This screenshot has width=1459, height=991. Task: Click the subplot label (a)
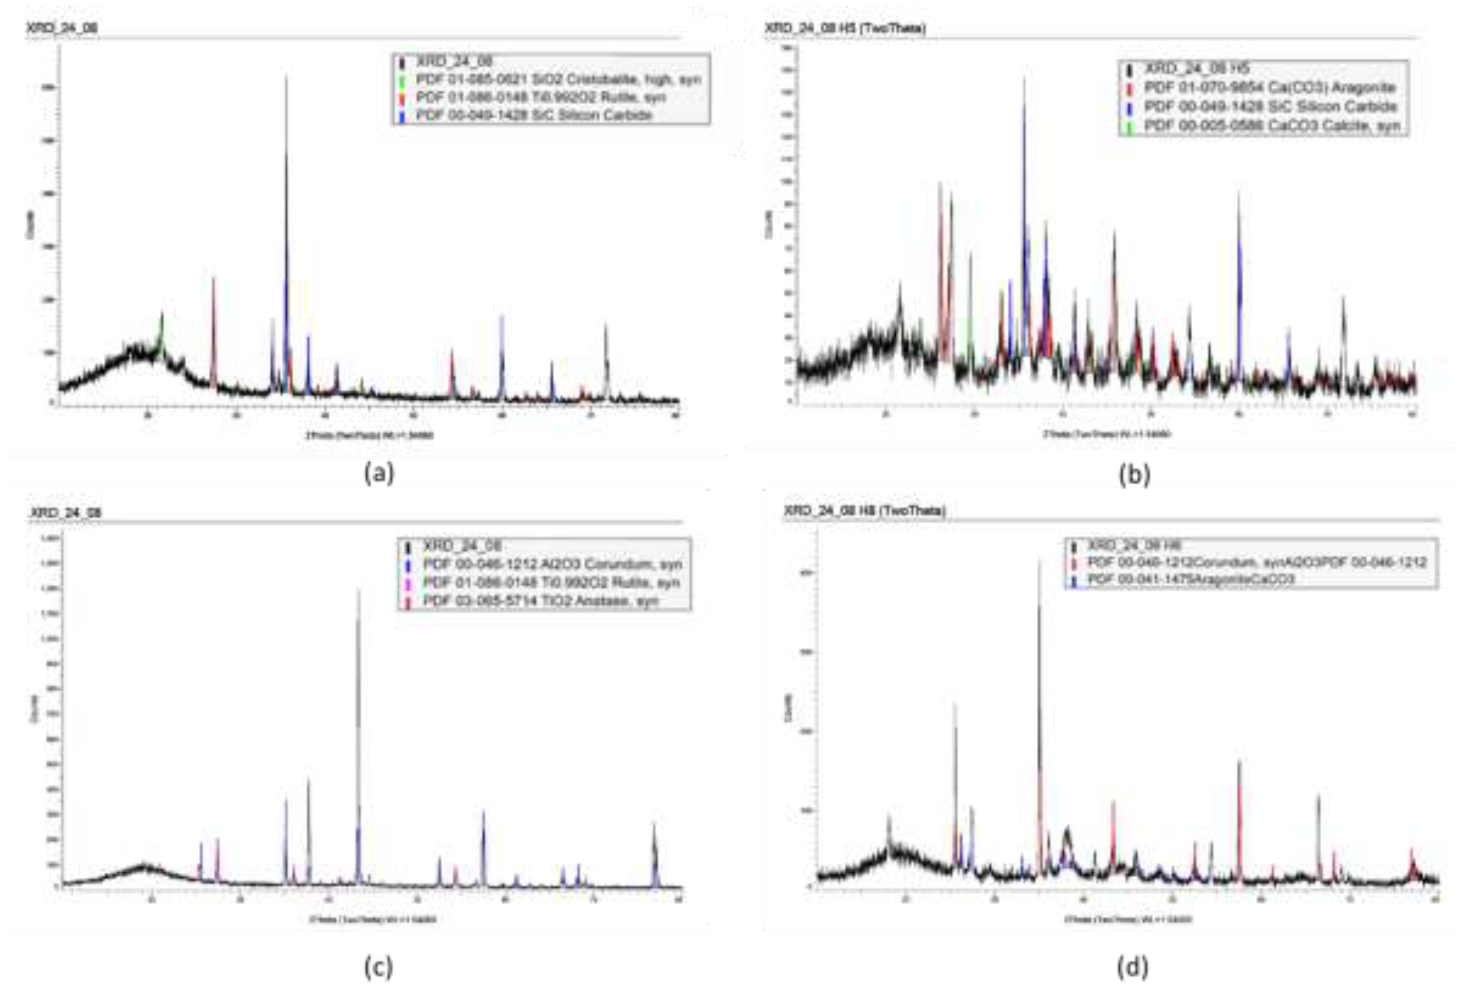click(x=379, y=474)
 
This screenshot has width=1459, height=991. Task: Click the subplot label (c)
click(x=379, y=967)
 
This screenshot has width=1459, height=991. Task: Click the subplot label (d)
click(x=1133, y=967)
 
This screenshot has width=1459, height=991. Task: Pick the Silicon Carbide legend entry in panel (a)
click(x=534, y=115)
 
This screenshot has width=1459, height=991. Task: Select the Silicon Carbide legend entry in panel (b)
click(x=1270, y=106)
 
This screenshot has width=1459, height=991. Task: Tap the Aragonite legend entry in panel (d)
click(x=1190, y=579)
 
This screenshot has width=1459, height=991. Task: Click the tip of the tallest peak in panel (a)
click(x=286, y=76)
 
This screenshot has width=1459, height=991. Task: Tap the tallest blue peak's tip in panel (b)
click(x=1025, y=77)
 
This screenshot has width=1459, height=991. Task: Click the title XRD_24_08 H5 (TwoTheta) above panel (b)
click(x=844, y=28)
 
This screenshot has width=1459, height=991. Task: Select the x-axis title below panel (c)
click(x=373, y=920)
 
